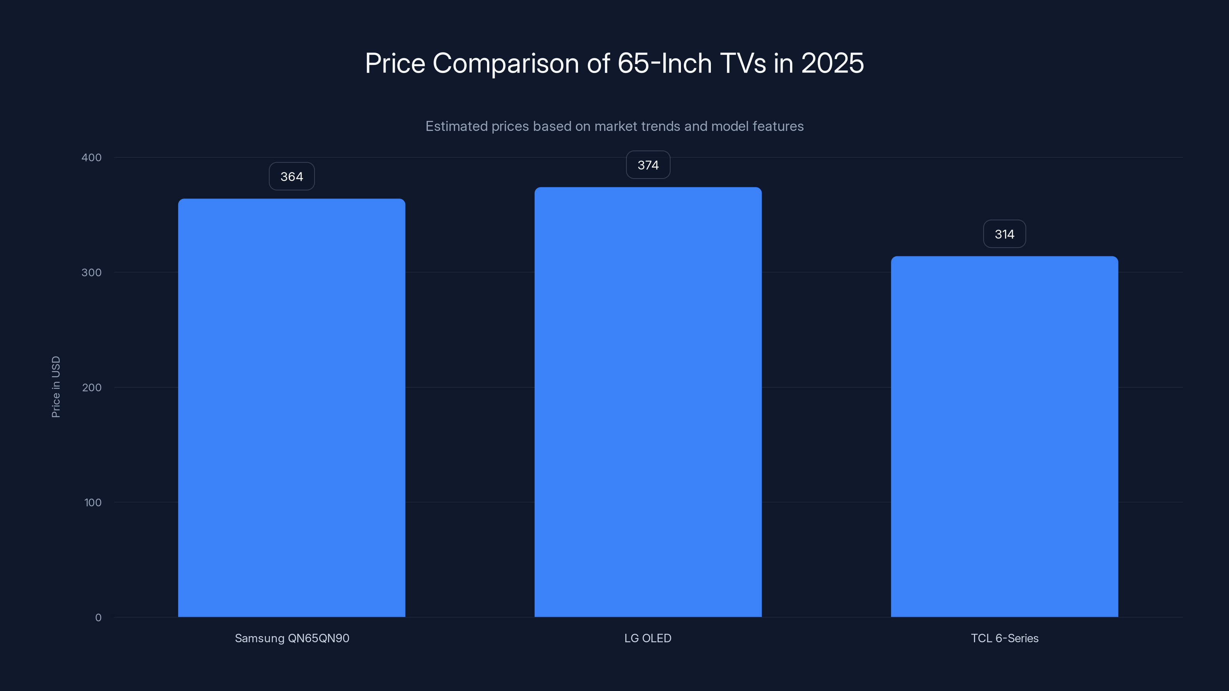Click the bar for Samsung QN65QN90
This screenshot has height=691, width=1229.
pyautogui.click(x=292, y=408)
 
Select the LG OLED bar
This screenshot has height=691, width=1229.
pyautogui.click(x=648, y=402)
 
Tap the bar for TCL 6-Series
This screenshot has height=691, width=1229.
pyautogui.click(x=1004, y=436)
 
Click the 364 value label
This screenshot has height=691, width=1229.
pyautogui.click(x=292, y=177)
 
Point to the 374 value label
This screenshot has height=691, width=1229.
pyautogui.click(x=648, y=165)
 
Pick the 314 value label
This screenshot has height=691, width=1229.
pyautogui.click(x=1004, y=234)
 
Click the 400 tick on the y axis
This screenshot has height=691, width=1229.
pyautogui.click(x=92, y=157)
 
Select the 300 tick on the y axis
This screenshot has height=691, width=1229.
pyautogui.click(x=92, y=272)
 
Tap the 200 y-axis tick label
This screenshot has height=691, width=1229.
pyautogui.click(x=92, y=387)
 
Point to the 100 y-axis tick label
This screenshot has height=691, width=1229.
pyautogui.click(x=93, y=502)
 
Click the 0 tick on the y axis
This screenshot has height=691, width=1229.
pyautogui.click(x=98, y=618)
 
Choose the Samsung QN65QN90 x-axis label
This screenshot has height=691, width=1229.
pyautogui.click(x=292, y=638)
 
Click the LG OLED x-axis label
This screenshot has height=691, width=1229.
pyautogui.click(x=648, y=638)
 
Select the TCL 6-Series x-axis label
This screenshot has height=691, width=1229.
pyautogui.click(x=1004, y=638)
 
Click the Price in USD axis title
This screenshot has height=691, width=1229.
pyautogui.click(x=56, y=387)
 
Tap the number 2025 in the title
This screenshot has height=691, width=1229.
pyautogui.click(x=832, y=63)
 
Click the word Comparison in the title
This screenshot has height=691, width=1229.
pyautogui.click(x=506, y=64)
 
